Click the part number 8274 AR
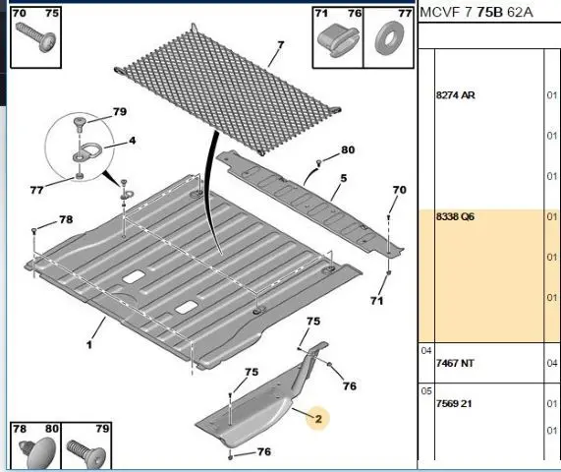(456, 95)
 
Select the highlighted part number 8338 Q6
(455, 216)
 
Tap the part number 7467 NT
(455, 364)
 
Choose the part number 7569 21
(454, 403)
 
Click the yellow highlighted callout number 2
(318, 419)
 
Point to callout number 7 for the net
(281, 45)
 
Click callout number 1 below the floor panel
(89, 345)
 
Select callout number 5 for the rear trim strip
(344, 178)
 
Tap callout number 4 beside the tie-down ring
(133, 141)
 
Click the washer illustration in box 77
(388, 37)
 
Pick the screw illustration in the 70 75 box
(36, 35)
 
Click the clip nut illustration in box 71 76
(338, 41)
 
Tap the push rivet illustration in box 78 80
(38, 452)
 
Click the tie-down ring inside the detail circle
(87, 151)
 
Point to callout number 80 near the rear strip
(348, 149)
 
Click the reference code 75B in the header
(490, 13)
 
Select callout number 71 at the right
(376, 301)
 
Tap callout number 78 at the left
(66, 219)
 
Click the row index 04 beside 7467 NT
(426, 351)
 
